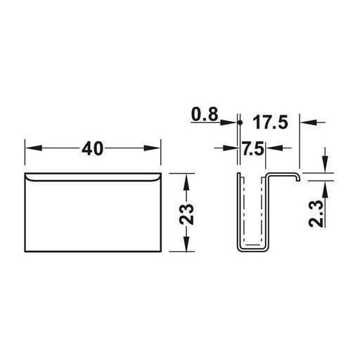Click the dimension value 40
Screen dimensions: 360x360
click(x=92, y=148)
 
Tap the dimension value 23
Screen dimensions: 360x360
click(x=186, y=214)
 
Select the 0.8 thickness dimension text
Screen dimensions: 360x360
click(x=205, y=115)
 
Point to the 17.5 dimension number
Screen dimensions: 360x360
click(x=270, y=122)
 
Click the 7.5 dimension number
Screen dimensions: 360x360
click(x=253, y=148)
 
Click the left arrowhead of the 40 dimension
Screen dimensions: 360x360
click(x=34, y=148)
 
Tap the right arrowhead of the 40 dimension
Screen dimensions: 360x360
click(x=152, y=148)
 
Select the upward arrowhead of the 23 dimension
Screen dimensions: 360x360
click(x=186, y=182)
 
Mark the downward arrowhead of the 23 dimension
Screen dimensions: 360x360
click(x=186, y=243)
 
